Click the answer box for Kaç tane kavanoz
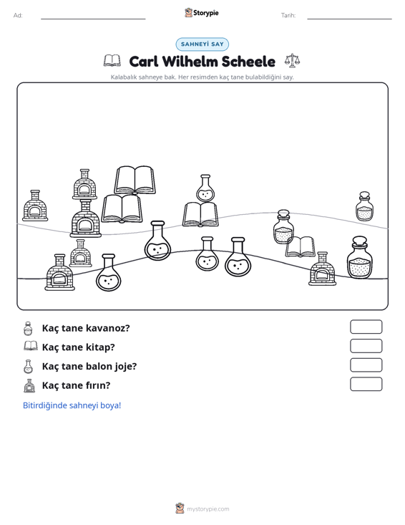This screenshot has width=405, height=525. (x=366, y=327)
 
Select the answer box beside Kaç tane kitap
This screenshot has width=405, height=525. (x=366, y=346)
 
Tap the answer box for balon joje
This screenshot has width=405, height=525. (x=366, y=365)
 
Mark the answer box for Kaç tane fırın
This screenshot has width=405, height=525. (x=366, y=384)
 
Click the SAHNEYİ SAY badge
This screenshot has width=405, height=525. (x=202, y=44)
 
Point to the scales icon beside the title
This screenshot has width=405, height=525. (x=292, y=61)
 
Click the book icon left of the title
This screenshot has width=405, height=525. (x=112, y=61)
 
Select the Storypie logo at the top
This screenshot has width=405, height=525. (x=202, y=13)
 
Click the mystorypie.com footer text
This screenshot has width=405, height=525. (x=208, y=509)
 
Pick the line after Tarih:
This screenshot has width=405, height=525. (x=349, y=19)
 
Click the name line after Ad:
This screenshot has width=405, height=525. (x=93, y=19)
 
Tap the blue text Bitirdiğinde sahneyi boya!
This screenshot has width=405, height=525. (x=72, y=405)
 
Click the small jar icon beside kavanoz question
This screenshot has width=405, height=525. (x=28, y=329)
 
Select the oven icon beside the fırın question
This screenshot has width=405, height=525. (x=29, y=385)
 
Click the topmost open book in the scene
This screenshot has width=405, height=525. (x=135, y=180)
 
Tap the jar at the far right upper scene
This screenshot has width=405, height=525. (x=364, y=206)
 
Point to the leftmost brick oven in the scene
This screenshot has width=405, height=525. (x=35, y=206)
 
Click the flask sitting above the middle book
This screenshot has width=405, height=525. (x=205, y=188)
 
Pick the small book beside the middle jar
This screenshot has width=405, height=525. (x=300, y=247)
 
